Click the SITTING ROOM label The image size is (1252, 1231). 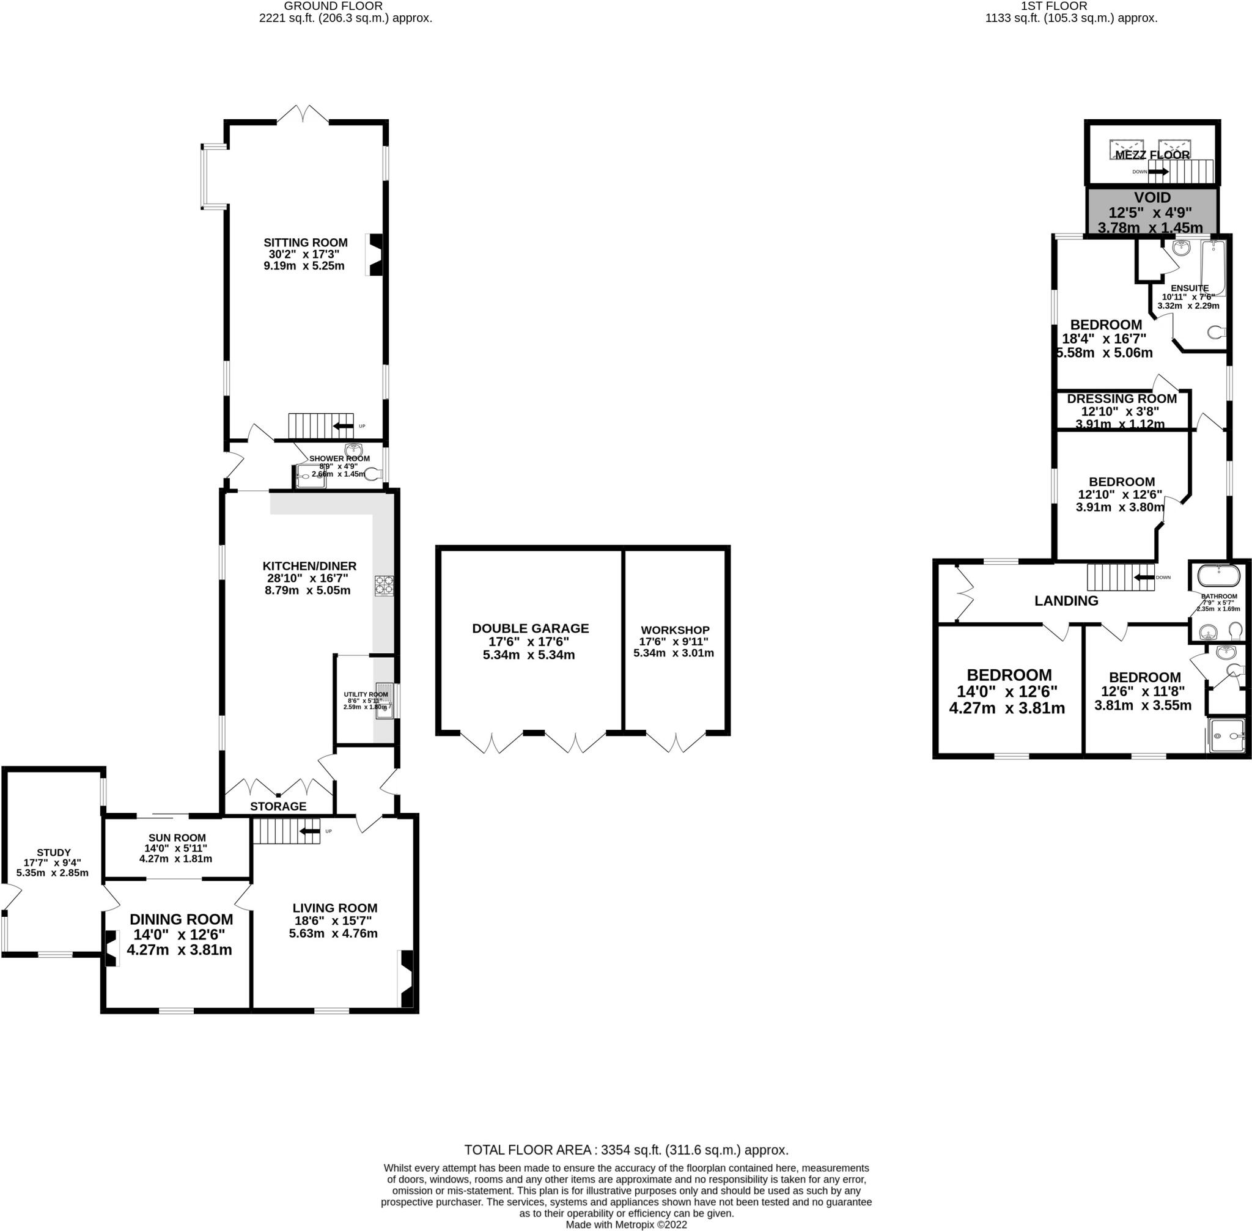[305, 243]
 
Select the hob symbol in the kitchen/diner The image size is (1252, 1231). [383, 586]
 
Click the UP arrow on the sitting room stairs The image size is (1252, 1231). [344, 426]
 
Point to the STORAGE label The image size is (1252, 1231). [278, 806]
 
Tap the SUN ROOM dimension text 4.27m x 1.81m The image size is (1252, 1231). [175, 859]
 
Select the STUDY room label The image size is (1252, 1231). [54, 853]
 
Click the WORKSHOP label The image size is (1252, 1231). [674, 630]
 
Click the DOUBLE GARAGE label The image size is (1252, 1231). [530, 628]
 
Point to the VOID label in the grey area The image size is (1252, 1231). [1152, 198]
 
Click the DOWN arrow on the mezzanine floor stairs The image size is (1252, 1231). [1158, 171]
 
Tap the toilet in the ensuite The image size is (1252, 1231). [1217, 333]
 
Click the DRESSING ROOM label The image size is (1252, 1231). [1121, 399]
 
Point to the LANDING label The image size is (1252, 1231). [1066, 601]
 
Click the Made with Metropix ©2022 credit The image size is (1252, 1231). [626, 1224]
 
